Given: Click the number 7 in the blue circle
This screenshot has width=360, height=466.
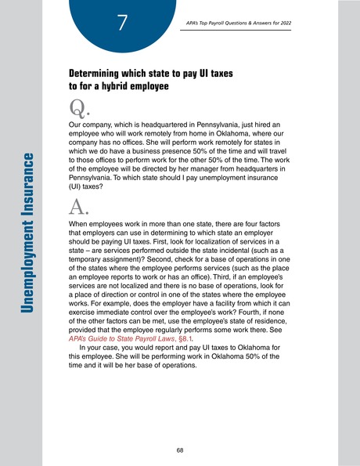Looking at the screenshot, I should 122,23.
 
